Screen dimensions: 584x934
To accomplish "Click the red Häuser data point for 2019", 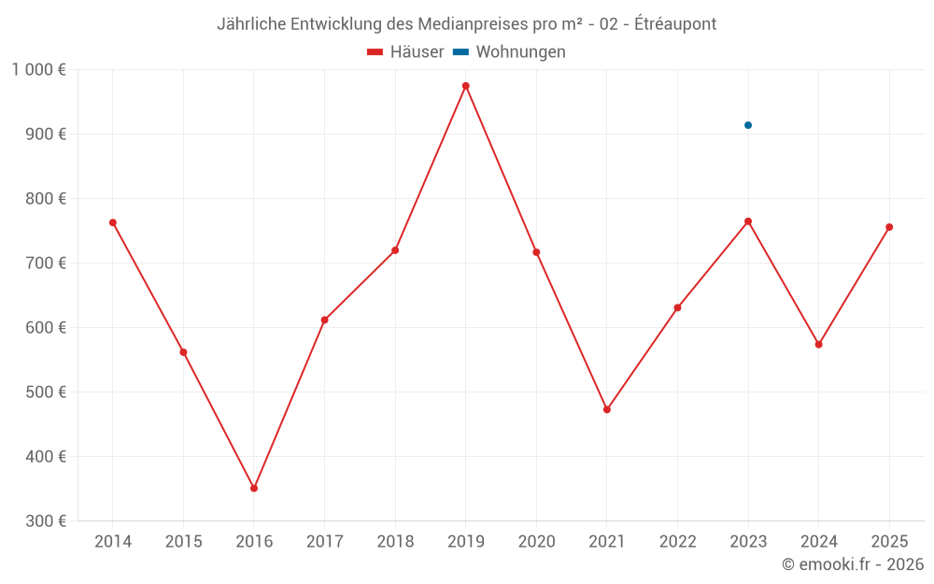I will pos(466,86).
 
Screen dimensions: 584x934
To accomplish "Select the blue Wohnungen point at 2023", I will pos(748,125).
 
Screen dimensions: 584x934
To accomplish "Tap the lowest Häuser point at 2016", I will pos(254,488).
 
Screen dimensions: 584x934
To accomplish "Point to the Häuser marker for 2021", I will pos(607,409).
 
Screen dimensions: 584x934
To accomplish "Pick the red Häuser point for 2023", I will pos(748,221).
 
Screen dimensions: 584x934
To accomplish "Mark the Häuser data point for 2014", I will pos(113,222).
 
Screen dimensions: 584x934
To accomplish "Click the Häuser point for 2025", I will pos(889,227).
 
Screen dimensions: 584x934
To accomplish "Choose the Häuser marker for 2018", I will pos(395,250).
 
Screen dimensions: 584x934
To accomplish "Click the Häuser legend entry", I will pos(405,52).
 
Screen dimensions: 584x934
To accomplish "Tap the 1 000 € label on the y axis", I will pos(39,69).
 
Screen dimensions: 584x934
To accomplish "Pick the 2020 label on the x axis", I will pos(536,542).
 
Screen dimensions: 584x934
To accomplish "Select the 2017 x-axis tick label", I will pos(324,542).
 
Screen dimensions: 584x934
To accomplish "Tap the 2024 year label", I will pos(818,542).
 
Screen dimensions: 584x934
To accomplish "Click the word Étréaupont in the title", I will pos(675,24).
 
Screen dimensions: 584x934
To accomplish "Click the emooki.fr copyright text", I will pos(853,564).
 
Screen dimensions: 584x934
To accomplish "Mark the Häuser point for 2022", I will pos(677,307).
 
